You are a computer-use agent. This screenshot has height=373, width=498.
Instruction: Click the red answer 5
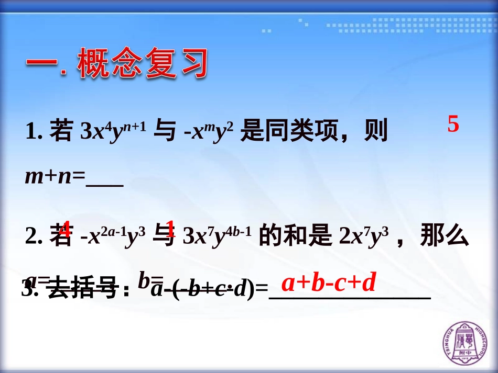pyautogui.click(x=453, y=125)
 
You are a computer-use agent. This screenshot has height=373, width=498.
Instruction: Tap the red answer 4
pyautogui.click(x=66, y=229)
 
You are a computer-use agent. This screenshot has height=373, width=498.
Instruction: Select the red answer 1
pyautogui.click(x=170, y=229)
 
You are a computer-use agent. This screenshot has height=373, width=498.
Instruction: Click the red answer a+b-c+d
pyautogui.click(x=329, y=283)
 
